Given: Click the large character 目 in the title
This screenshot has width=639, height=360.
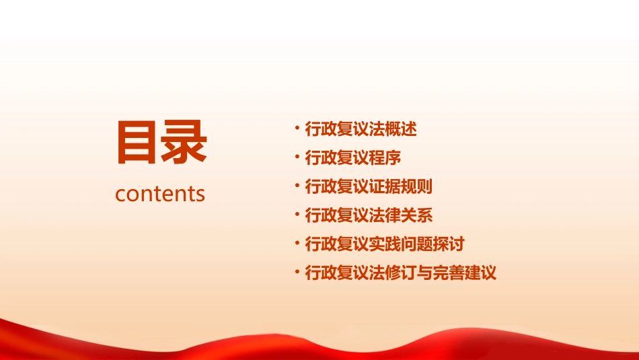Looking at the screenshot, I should [x=138, y=142].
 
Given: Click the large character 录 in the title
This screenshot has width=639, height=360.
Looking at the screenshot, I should [x=184, y=142].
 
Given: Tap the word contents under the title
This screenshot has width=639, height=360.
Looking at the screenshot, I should [x=160, y=194].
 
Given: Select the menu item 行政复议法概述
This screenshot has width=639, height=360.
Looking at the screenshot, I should [x=361, y=129].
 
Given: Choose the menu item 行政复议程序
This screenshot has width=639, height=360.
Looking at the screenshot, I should [x=353, y=158].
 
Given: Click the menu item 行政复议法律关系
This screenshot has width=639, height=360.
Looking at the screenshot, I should [x=369, y=215].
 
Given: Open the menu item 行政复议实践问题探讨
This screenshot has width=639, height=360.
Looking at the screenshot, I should [x=385, y=244].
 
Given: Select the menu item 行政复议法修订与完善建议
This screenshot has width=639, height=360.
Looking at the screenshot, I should [x=400, y=273].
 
